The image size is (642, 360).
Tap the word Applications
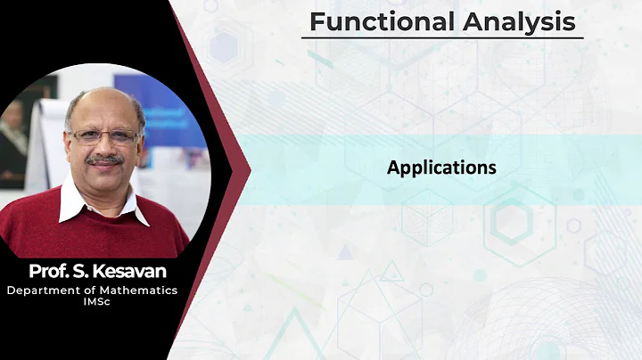click(441, 167)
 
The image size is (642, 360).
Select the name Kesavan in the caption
click(135, 271)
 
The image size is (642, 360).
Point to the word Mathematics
click(139, 290)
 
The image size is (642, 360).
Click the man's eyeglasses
click(105, 137)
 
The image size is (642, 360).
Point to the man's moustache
click(105, 160)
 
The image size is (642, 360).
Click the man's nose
click(105, 148)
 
